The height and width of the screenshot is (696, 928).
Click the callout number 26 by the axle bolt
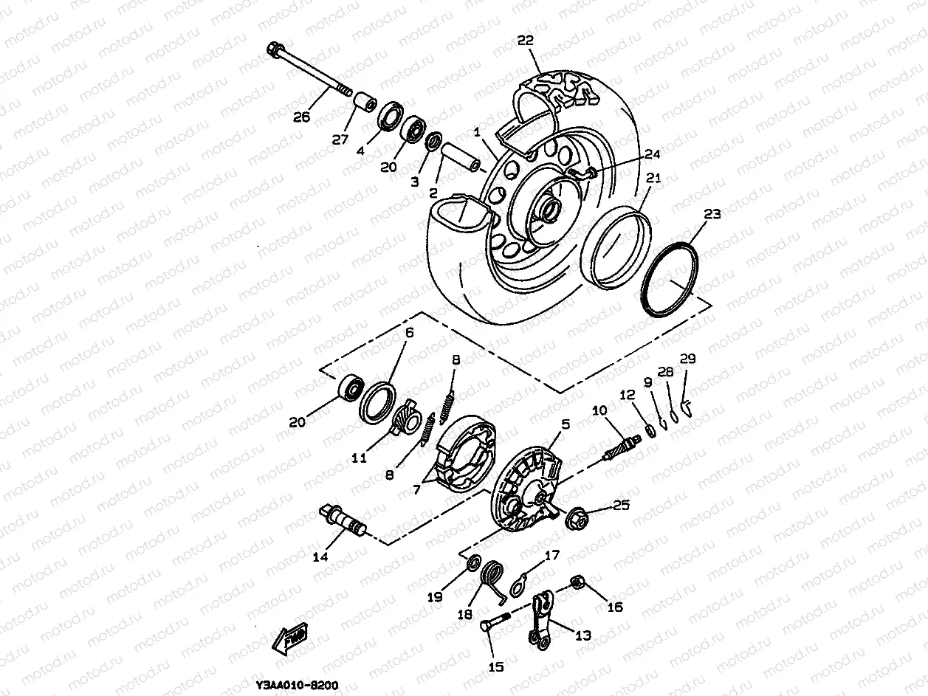[x=302, y=117]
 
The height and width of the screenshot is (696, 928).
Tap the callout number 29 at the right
[x=687, y=359]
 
